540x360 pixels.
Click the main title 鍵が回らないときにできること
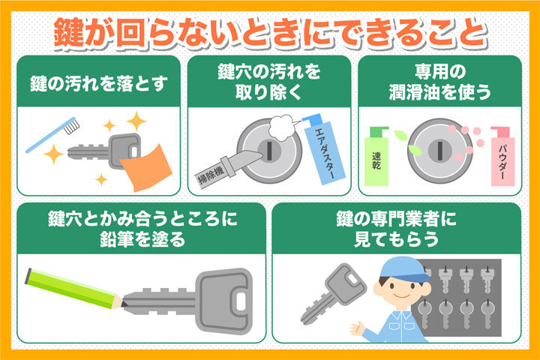pos(270,34)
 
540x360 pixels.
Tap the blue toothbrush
pos(52,135)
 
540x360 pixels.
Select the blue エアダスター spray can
pos(325,149)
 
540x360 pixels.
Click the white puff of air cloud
pos(283,127)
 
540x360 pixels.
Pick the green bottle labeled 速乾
pos(376,157)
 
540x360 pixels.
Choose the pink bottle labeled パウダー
pos(502,157)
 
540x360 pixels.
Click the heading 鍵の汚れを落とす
pos(99,84)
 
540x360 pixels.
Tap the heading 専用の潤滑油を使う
pos(439,82)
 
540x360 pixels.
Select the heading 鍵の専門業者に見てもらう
pos(397,229)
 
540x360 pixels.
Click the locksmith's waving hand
pos(357,329)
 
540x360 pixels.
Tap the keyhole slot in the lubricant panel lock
pos(439,150)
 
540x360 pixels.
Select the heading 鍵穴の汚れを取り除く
pos(269,82)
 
